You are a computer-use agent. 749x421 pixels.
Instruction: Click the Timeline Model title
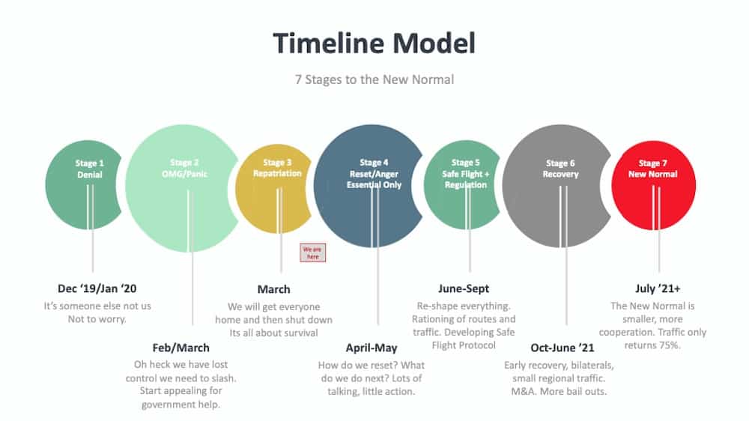point(374,43)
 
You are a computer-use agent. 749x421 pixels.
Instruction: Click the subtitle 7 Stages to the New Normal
point(374,79)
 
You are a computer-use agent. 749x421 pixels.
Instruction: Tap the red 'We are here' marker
point(312,252)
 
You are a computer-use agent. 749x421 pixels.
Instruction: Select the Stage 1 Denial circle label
point(90,169)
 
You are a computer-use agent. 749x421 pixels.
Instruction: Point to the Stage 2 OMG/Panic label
point(184,169)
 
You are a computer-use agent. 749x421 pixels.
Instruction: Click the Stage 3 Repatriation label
point(277,168)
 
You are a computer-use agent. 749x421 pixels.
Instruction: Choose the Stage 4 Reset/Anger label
point(374,173)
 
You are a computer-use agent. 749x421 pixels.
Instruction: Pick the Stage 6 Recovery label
point(560,169)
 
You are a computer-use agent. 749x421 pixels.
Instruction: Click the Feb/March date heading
point(181,348)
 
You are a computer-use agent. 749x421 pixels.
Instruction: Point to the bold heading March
point(273,289)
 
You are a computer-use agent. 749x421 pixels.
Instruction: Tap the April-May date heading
point(372,348)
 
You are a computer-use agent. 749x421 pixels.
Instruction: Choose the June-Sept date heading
point(464,288)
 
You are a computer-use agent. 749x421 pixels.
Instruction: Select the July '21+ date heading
point(657,288)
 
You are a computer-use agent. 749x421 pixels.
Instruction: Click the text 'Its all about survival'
point(273,333)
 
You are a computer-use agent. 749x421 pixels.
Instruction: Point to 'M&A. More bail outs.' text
point(559,392)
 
